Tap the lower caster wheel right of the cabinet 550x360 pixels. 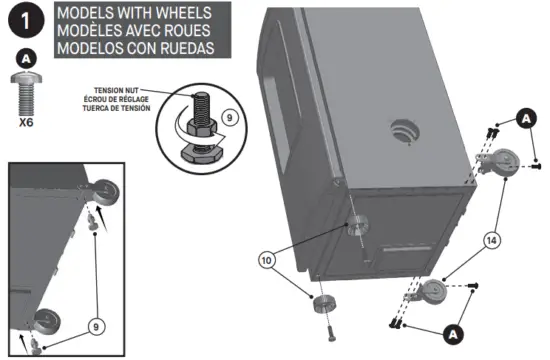432,293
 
